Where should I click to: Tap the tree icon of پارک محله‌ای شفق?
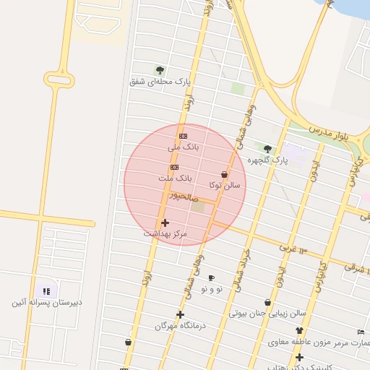coord(160,70)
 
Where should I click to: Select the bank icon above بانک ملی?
coord(183,136)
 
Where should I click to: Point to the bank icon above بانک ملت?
coord(174,167)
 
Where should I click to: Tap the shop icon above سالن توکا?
coord(224,174)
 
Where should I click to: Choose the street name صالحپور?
coord(182,196)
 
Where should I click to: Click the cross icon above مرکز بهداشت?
coord(165,223)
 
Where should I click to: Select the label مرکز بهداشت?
coord(165,233)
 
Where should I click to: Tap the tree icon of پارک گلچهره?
coord(267,148)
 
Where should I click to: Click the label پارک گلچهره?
coord(268,159)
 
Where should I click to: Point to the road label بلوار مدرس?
coord(333,132)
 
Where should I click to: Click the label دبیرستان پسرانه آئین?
coord(46,302)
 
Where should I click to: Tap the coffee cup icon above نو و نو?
coord(212,278)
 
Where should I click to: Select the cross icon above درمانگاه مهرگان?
coord(180,314)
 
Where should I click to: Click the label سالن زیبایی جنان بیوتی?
coord(268,314)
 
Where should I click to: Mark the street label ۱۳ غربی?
coord(293,248)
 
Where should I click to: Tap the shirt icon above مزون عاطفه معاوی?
coord(299,330)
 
